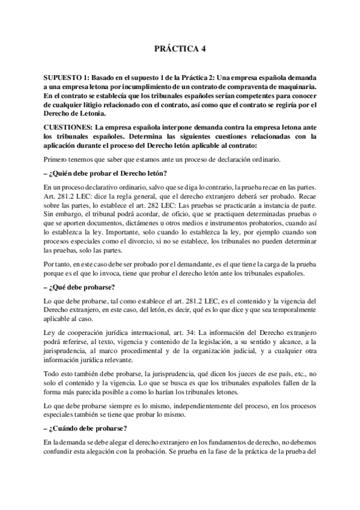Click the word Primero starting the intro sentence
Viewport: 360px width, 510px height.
(58, 159)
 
